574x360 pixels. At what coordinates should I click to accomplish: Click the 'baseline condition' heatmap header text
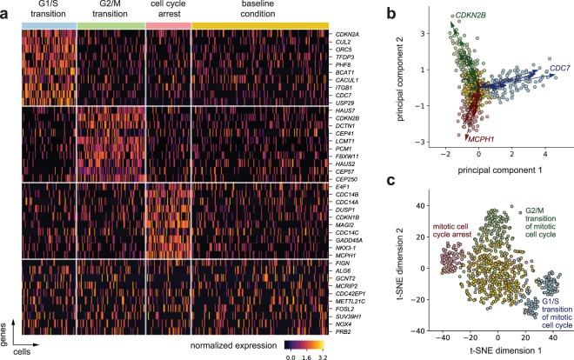pos(260,10)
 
